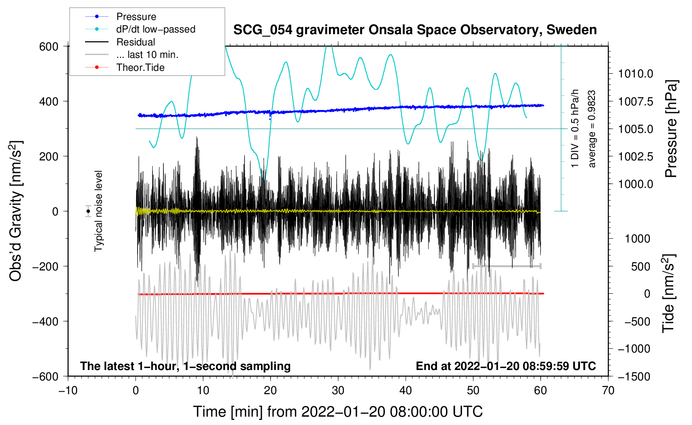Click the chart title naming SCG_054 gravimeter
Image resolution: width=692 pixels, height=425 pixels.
pyautogui.click(x=415, y=30)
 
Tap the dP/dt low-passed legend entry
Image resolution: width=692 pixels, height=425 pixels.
pyautogui.click(x=155, y=29)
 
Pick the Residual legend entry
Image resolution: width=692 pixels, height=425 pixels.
pyautogui.click(x=135, y=42)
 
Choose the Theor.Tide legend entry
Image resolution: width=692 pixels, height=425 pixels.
pyautogui.click(x=140, y=67)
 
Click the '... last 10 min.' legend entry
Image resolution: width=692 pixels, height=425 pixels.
pyautogui.click(x=147, y=55)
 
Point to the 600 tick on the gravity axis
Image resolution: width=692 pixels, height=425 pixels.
pyautogui.click(x=49, y=46)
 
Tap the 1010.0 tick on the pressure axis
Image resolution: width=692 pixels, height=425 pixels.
pyautogui.click(x=635, y=74)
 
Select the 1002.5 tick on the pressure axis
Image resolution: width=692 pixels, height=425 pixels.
pyautogui.click(x=635, y=156)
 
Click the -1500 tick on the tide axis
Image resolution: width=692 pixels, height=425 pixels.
pyautogui.click(x=634, y=376)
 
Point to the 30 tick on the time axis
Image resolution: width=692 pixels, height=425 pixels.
pyautogui.click(x=338, y=390)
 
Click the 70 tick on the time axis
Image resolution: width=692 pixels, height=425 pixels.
pyautogui.click(x=608, y=390)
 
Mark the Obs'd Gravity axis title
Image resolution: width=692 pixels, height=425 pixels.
pyautogui.click(x=16, y=211)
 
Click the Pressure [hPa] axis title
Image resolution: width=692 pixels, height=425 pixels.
pyautogui.click(x=671, y=129)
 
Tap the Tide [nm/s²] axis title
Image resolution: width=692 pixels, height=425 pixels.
pyautogui.click(x=669, y=293)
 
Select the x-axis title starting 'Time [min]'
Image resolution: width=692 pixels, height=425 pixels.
pyautogui.click(x=338, y=412)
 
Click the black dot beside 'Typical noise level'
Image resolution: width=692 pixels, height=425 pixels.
pyautogui.click(x=88, y=211)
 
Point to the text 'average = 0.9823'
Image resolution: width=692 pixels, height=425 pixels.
pyautogui.click(x=592, y=129)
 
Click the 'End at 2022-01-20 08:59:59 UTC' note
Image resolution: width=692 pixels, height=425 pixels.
pyautogui.click(x=506, y=366)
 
